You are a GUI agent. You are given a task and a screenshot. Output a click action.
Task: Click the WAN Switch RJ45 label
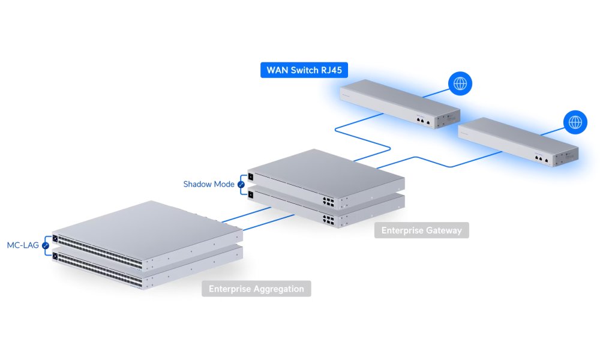[x=304, y=70]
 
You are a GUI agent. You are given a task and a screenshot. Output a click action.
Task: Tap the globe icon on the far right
[x=575, y=122]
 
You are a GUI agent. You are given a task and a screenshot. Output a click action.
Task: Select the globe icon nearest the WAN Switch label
[x=460, y=84]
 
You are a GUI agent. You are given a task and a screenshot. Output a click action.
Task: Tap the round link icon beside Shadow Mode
[x=242, y=184]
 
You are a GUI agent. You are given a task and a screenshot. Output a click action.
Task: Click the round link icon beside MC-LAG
[x=45, y=245]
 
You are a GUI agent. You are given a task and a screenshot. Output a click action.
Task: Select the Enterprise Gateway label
[x=421, y=230]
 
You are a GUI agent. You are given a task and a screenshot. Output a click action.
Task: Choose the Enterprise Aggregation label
[x=256, y=289]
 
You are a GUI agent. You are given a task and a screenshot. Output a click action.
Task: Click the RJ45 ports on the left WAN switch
[x=422, y=120]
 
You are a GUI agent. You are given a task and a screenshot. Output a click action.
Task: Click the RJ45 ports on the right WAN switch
[x=541, y=159]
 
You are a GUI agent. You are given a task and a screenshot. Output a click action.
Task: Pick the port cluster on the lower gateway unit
[x=328, y=220]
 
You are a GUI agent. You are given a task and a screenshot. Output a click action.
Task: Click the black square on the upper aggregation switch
[x=56, y=239]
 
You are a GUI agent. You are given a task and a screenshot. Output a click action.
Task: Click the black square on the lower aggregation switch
[x=56, y=256]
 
